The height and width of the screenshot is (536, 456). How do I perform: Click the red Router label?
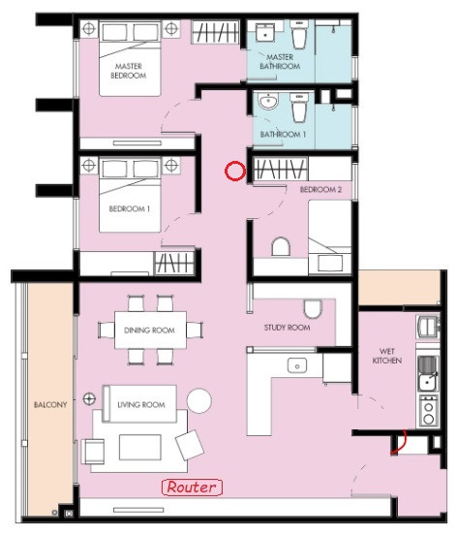pos(192,488)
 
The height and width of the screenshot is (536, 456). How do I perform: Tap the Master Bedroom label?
pos(129,71)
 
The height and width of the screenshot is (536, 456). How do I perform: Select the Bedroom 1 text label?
pos(130,208)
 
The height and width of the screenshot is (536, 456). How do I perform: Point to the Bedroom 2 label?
pos(320,189)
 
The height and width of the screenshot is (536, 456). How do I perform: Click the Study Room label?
pos(288,328)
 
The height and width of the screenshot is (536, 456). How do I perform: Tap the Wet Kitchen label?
pos(387,356)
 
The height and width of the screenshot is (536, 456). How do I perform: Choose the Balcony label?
pos(50,405)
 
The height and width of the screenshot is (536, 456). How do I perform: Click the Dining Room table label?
pos(150,331)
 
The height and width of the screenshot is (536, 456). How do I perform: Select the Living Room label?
pos(141,405)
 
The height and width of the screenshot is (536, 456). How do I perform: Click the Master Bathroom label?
pos(280,61)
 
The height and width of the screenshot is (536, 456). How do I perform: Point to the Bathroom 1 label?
pos(283,135)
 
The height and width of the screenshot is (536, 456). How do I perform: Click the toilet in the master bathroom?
pos(299,34)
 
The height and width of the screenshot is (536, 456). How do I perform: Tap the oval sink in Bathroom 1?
pos(268,101)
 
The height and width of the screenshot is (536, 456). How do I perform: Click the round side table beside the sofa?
pos(199,401)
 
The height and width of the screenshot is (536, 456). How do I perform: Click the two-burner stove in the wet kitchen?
pos(429,411)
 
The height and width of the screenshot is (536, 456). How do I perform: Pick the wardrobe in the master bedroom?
pos(215,32)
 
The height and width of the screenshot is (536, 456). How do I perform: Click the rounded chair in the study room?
pos(313,309)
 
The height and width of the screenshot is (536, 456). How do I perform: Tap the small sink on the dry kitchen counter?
pos(297,365)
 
